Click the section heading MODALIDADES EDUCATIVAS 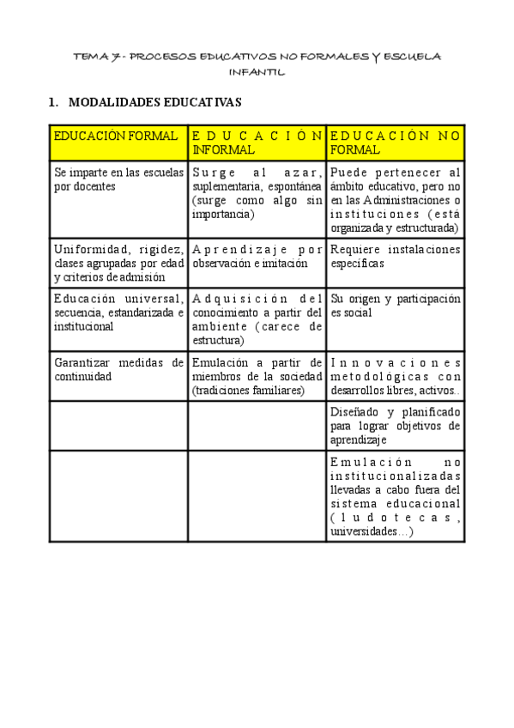tap(155, 103)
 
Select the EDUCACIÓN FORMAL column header tap(116, 136)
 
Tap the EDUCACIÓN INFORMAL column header tap(257, 143)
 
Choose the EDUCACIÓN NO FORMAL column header tap(396, 143)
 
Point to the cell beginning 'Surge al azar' tap(257, 193)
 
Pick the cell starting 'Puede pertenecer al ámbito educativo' tap(396, 200)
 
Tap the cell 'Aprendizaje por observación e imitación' tap(257, 257)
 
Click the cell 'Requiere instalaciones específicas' tap(396, 257)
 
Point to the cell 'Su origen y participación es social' tap(396, 306)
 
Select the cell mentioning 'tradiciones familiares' tap(257, 376)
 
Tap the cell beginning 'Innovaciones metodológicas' tap(396, 376)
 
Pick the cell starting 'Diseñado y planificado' tap(396, 425)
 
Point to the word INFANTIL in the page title tap(257, 72)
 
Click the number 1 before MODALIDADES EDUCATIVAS tap(53, 103)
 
